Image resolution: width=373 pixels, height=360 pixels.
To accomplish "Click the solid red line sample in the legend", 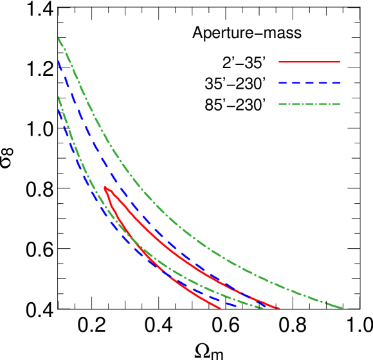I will tap(309, 62).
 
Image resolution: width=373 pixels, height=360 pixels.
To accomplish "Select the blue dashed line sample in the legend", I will tap(309, 83).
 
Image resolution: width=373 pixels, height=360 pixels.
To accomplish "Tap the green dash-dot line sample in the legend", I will tap(309, 104).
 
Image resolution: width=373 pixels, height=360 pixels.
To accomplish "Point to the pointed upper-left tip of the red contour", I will tap(105, 188).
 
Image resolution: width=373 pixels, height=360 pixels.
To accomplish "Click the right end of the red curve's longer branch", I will tap(279, 308).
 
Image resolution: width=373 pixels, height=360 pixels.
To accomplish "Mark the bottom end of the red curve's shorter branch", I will tap(221, 308).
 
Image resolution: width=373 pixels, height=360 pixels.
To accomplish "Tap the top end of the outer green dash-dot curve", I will tap(59, 38).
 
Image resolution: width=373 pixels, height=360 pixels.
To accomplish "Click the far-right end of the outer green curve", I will tap(341, 308).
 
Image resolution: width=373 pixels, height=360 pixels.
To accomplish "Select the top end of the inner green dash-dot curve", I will tap(59, 97).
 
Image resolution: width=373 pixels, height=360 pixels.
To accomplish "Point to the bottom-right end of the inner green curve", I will tap(264, 308).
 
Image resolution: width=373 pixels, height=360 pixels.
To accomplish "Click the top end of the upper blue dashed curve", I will tap(59, 60).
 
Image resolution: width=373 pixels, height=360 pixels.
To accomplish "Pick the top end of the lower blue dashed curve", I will tap(59, 109).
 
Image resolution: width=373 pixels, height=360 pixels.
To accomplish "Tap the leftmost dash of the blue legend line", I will tap(282, 83).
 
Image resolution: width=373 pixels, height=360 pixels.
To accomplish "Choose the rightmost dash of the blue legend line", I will tap(334, 83).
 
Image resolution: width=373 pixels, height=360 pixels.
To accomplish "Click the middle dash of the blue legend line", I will tap(309, 83).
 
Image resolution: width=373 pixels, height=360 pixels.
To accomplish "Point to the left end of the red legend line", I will tap(278, 62).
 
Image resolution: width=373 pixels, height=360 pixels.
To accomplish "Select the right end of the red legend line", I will tap(340, 62).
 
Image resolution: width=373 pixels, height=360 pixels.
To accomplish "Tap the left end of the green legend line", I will tap(278, 104).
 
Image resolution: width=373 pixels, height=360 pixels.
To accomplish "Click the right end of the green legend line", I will tap(340, 104).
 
